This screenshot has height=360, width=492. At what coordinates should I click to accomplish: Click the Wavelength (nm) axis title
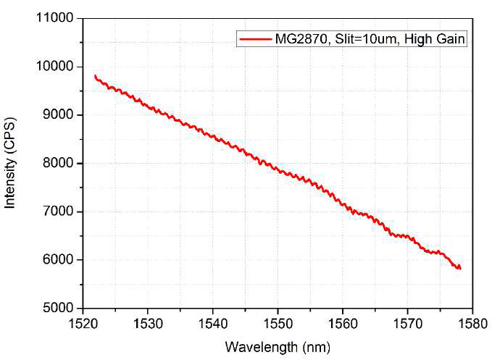277,346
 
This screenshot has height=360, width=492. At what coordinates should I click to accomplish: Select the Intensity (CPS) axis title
11,164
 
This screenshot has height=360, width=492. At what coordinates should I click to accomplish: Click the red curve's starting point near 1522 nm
95,75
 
